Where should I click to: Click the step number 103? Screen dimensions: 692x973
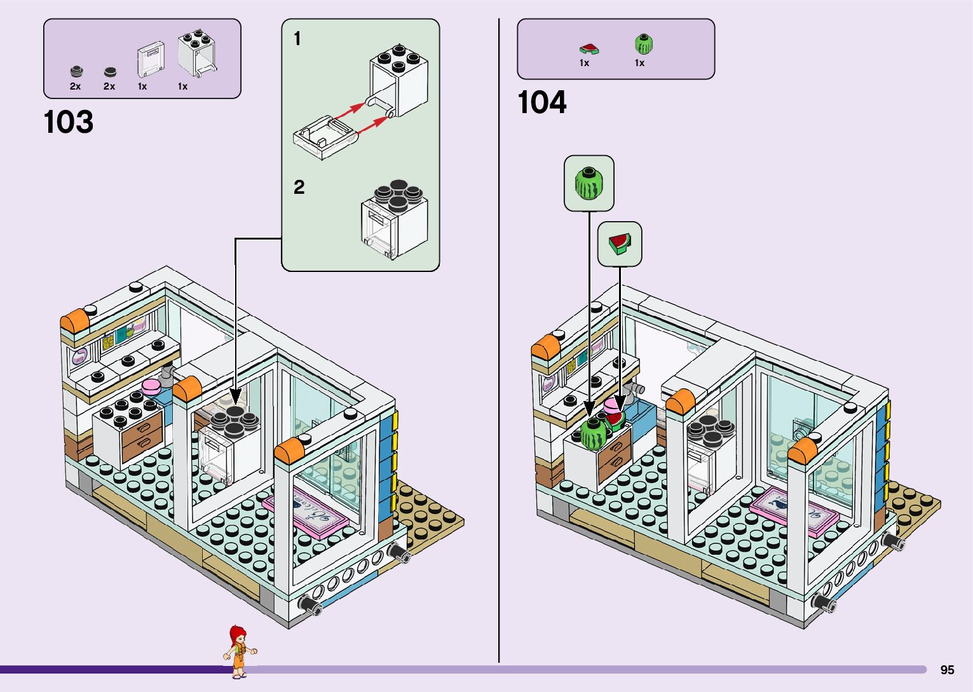tap(69, 122)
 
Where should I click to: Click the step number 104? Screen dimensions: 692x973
tap(541, 102)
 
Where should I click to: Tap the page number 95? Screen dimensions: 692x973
tap(947, 670)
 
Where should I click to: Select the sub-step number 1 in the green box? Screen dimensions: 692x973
tap(297, 39)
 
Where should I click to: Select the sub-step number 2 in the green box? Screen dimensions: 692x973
tap(299, 187)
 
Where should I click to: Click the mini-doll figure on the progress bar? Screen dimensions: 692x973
tap(239, 651)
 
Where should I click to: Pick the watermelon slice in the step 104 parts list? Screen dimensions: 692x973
tap(589, 48)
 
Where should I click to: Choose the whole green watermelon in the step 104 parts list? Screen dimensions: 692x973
tap(643, 44)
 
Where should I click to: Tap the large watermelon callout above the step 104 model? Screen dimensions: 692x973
tap(589, 183)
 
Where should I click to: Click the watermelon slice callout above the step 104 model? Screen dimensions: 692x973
tap(620, 244)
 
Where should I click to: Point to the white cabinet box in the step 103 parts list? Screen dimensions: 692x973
tap(197, 54)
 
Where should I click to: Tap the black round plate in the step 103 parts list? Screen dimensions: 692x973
tap(110, 72)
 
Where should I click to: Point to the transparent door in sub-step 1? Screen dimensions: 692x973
tap(322, 136)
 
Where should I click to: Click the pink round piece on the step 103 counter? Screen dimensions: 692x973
tap(152, 386)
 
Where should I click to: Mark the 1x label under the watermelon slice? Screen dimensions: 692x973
tap(584, 63)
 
